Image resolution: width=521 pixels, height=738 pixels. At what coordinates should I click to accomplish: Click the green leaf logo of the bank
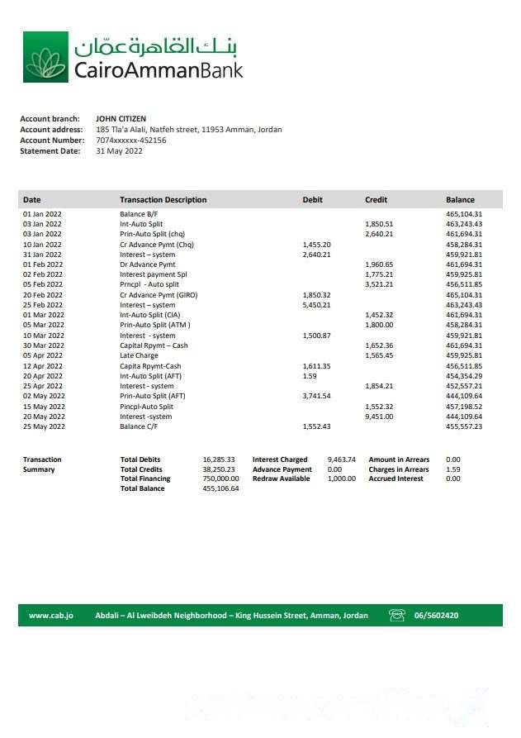tap(45, 58)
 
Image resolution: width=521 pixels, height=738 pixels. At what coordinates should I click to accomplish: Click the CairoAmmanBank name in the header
tap(159, 69)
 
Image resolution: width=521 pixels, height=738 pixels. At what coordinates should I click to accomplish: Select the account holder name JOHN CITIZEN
tap(121, 119)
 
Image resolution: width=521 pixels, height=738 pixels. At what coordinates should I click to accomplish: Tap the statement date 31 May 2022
tap(119, 151)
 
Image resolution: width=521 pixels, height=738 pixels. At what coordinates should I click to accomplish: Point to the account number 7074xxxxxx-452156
tap(130, 140)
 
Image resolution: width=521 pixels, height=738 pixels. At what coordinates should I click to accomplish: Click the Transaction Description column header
tap(163, 200)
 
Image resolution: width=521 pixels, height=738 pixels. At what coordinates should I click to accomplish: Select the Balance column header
tap(460, 200)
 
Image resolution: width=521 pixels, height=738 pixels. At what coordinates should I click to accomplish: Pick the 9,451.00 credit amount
tap(379, 417)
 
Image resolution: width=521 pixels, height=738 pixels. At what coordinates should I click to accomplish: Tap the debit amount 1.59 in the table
tap(310, 376)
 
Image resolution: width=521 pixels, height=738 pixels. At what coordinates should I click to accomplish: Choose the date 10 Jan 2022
tap(42, 245)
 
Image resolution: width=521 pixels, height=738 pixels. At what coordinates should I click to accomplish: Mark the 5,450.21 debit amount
tap(317, 305)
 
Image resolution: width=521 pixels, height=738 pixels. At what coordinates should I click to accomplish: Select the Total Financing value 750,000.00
tap(220, 479)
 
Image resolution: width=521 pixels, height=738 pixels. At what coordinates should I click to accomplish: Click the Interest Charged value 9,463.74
tap(341, 459)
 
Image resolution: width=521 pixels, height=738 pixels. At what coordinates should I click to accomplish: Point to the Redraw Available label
tap(281, 479)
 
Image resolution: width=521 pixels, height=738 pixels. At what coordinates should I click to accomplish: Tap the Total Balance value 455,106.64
tap(220, 488)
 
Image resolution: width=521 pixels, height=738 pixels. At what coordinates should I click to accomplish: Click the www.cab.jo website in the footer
tap(50, 616)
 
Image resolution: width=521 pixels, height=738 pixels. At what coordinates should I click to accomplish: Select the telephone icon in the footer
tap(397, 616)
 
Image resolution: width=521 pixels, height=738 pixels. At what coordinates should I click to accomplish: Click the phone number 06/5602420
tap(436, 616)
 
